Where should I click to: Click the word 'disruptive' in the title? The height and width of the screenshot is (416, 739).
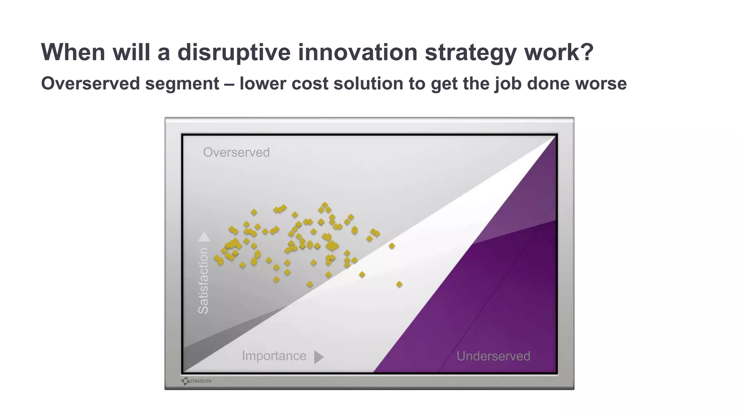[x=234, y=52]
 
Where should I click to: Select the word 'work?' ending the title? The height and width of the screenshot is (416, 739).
[x=559, y=52]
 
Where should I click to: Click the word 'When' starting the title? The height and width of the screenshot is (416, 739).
[x=73, y=52]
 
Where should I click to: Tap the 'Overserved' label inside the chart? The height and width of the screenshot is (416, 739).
[x=236, y=152]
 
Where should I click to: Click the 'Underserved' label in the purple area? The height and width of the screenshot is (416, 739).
[x=493, y=356]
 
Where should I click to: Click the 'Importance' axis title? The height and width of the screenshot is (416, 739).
[x=274, y=356]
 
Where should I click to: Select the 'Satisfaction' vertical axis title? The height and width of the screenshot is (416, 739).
[x=204, y=281]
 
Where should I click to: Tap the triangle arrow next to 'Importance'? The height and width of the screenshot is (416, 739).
[x=318, y=357]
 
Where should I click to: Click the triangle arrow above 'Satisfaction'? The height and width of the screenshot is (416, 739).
[x=204, y=237]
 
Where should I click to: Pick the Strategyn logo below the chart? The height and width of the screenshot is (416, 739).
[x=197, y=381]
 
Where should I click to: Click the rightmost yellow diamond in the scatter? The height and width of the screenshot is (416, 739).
[x=399, y=285]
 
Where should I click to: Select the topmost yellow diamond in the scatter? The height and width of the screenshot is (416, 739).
[x=325, y=205]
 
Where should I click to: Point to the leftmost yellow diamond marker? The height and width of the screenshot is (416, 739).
[x=217, y=258]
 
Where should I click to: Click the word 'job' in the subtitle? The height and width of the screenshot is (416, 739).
[x=508, y=83]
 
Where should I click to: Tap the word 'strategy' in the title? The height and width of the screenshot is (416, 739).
[x=471, y=52]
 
